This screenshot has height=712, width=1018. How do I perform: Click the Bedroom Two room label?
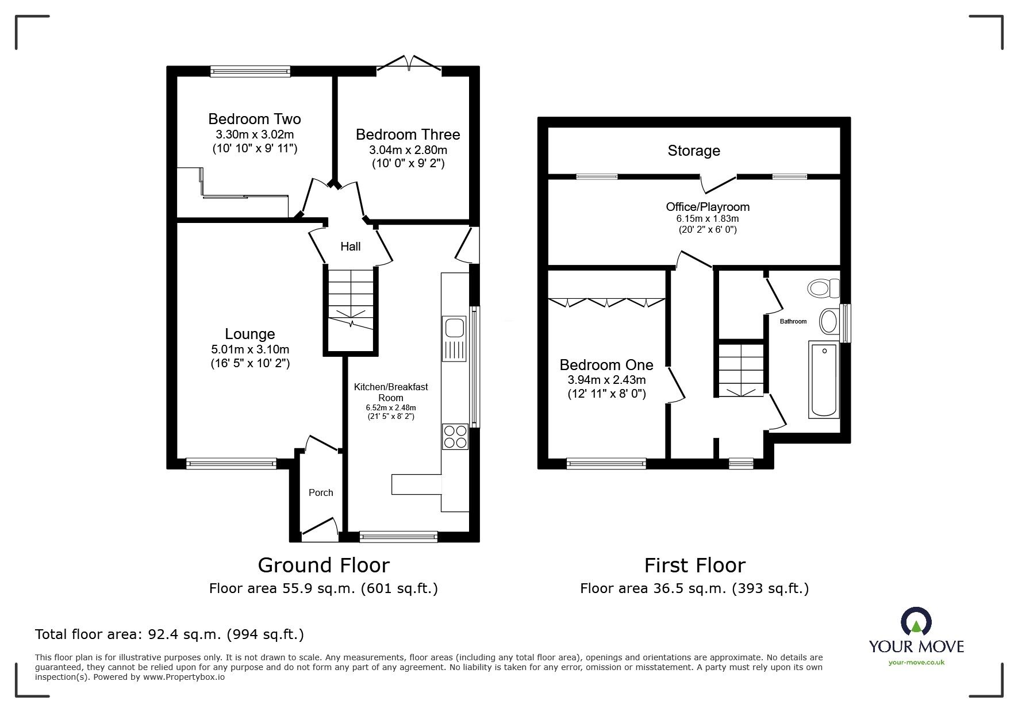[x=254, y=119]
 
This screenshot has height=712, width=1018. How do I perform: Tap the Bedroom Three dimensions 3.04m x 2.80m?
[x=408, y=150]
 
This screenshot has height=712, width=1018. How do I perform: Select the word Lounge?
[x=249, y=334]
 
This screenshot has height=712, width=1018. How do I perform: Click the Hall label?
[x=350, y=247]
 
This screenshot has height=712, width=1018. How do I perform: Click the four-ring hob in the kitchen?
[x=454, y=436]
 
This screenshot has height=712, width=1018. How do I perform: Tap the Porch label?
[x=321, y=492]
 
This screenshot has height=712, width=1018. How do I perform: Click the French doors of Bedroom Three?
[x=409, y=63]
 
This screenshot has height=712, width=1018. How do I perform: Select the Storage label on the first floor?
[x=693, y=151]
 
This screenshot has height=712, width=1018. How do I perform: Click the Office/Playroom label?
[x=707, y=207]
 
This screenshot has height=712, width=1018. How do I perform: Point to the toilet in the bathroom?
[x=823, y=287]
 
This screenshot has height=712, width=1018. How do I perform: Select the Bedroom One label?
[x=606, y=365]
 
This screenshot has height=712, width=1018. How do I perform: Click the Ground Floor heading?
[x=324, y=565]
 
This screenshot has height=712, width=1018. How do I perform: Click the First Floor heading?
[x=694, y=565]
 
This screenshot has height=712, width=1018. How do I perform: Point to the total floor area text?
[x=170, y=634]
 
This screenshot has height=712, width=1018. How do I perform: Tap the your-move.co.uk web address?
[x=916, y=663]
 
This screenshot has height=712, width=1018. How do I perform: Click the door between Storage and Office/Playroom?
[x=718, y=183]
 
